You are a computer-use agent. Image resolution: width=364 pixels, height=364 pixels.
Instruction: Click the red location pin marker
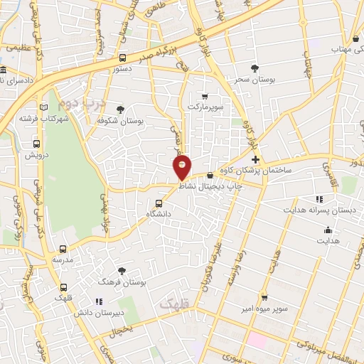pyautogui.click(x=183, y=168)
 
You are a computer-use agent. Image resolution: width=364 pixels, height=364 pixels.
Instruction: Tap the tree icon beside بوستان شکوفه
pyautogui.click(x=120, y=109)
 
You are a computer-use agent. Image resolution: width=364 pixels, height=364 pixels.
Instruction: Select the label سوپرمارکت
pyautogui.click(x=205, y=107)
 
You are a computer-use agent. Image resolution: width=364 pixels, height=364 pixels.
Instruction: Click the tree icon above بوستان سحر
pyautogui.click(x=255, y=68)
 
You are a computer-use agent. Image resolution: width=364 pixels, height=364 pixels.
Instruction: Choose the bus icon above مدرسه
pyautogui.click(x=63, y=249)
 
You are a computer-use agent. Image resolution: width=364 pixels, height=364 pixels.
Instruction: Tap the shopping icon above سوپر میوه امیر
pyautogui.click(x=264, y=298)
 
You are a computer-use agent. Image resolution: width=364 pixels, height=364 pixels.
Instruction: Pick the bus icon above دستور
pyautogui.click(x=123, y=58)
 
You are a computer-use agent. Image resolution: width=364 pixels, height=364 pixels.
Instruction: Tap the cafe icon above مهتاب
pyautogui.click(x=355, y=39)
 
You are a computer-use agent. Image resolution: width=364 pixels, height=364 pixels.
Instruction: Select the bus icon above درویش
pyautogui.click(x=32, y=142)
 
